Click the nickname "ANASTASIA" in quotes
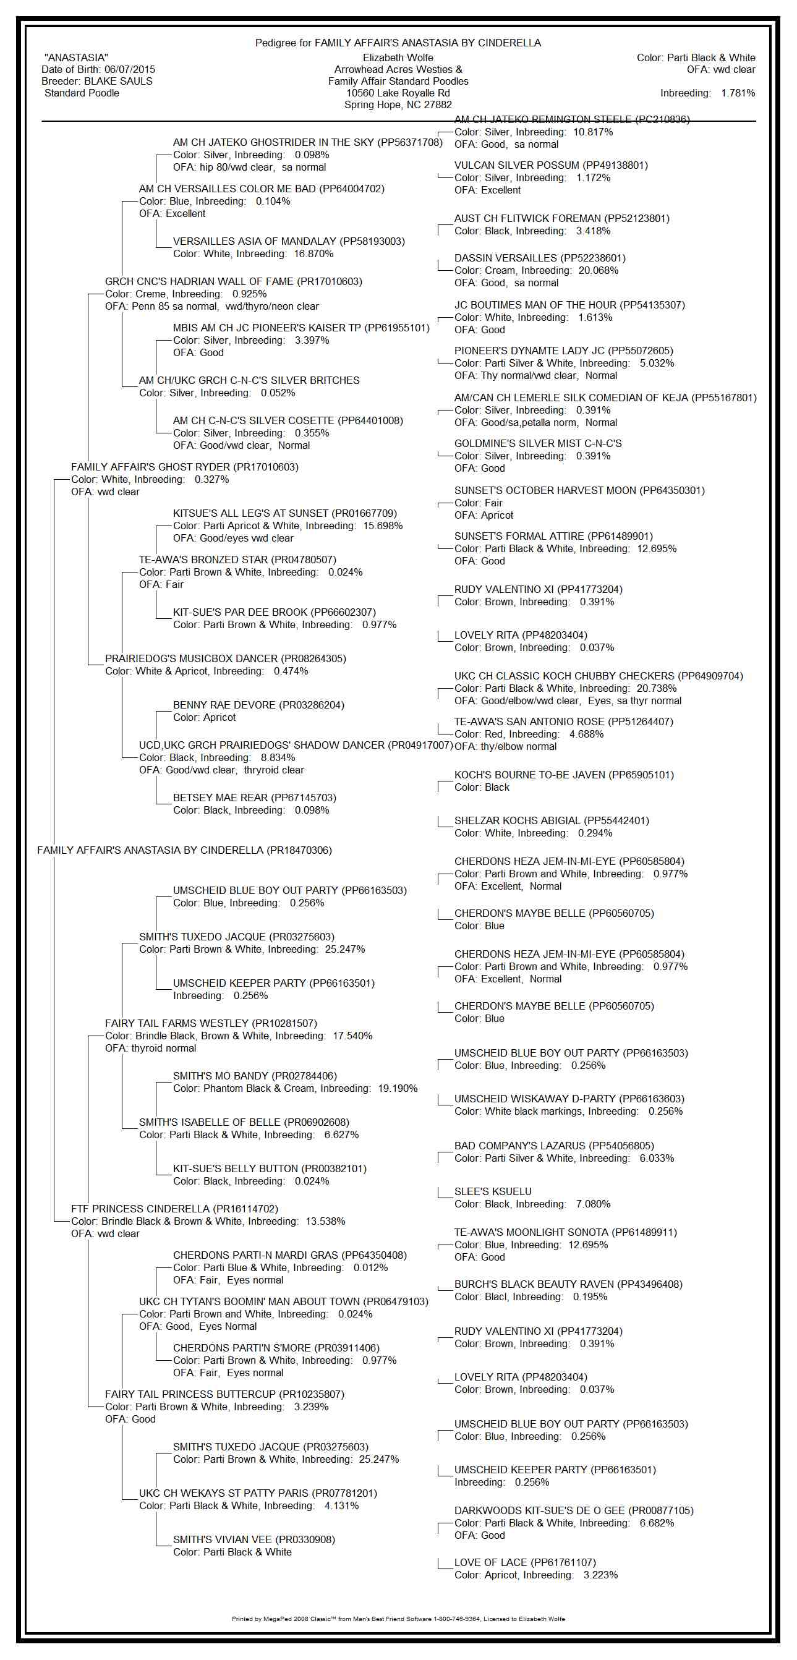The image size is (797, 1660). pos(76,58)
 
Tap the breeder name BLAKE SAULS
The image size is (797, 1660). pos(119,81)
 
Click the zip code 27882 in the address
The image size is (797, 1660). pos(438,105)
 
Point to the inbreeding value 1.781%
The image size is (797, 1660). pos(738,93)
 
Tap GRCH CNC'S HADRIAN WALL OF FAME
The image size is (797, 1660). pos(199,281)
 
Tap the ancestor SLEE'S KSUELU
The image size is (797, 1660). pos(493,1191)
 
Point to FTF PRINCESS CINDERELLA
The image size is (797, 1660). pos(140,1209)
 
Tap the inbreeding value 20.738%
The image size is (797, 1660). pos(657,688)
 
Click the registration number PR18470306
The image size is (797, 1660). pos(300,851)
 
